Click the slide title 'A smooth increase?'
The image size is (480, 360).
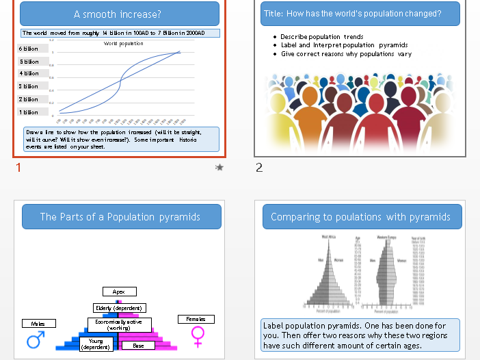point(119,14)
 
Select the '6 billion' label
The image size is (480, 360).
point(29,49)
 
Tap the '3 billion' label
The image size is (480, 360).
point(29,86)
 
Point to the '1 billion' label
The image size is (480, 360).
point(29,112)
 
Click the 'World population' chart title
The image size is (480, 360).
point(124,44)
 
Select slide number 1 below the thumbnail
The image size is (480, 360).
point(18,168)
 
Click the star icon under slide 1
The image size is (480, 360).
point(219,167)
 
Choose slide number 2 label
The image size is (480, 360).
point(259,168)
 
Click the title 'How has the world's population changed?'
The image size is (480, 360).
point(352,14)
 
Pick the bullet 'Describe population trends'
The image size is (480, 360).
point(322,37)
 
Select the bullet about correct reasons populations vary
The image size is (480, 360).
point(346,54)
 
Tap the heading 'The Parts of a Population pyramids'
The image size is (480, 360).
point(120,217)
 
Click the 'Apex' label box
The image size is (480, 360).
point(119,292)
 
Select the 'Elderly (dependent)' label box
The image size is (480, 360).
point(119,308)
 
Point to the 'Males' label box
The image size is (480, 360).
point(38,323)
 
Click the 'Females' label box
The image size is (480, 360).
point(196,319)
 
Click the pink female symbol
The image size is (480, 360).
point(198,335)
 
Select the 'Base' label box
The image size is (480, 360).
point(139,346)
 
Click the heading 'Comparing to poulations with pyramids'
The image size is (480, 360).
point(360,217)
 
